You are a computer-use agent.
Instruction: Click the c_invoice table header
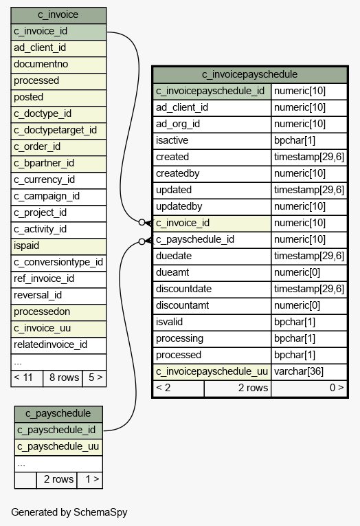(58, 15)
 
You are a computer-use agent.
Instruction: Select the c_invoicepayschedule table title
(249, 74)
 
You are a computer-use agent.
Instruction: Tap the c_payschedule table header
(58, 414)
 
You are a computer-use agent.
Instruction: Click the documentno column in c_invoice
(58, 65)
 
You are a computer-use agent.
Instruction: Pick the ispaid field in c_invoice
(58, 246)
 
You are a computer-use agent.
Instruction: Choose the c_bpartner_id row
(58, 164)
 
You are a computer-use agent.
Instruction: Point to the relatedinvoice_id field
(58, 345)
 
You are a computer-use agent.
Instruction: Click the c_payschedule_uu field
(58, 447)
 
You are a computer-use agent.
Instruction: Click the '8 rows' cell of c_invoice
(63, 378)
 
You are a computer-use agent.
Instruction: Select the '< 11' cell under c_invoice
(27, 378)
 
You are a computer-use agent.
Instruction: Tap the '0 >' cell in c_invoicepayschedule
(308, 388)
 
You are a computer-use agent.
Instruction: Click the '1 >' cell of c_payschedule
(89, 480)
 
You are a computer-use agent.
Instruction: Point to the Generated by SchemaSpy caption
(69, 512)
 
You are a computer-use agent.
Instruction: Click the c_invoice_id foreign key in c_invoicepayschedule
(212, 223)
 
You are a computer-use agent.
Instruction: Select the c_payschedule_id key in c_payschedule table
(58, 430)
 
